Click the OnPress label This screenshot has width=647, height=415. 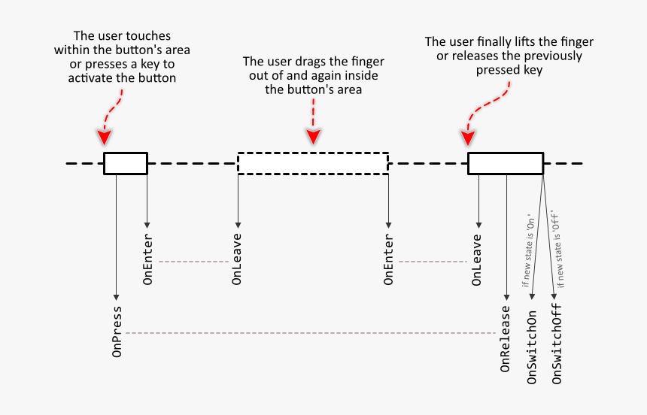(x=117, y=332)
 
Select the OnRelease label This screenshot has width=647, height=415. (x=506, y=339)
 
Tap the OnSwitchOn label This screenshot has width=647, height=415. (x=532, y=347)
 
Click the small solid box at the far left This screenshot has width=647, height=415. (x=126, y=163)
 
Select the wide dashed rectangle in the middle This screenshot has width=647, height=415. (x=313, y=163)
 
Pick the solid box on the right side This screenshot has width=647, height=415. (x=505, y=163)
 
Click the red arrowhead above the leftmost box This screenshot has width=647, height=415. (x=105, y=138)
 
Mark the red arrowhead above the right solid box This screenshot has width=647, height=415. (x=468, y=138)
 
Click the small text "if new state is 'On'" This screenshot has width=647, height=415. (x=527, y=247)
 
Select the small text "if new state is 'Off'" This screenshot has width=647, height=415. (x=561, y=247)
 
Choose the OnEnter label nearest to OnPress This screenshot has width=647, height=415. (x=148, y=260)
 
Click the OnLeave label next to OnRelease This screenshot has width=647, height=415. (x=476, y=260)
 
